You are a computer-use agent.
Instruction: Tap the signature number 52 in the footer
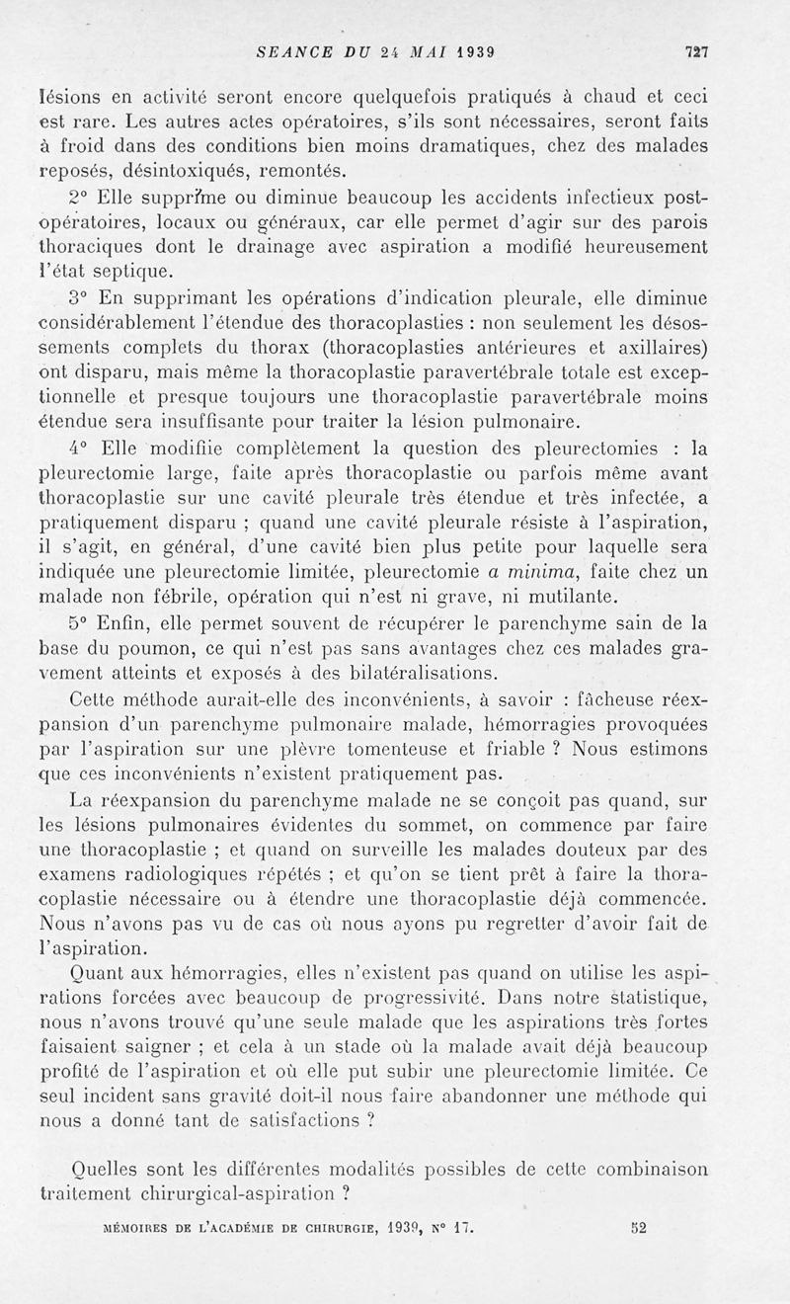636,1230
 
